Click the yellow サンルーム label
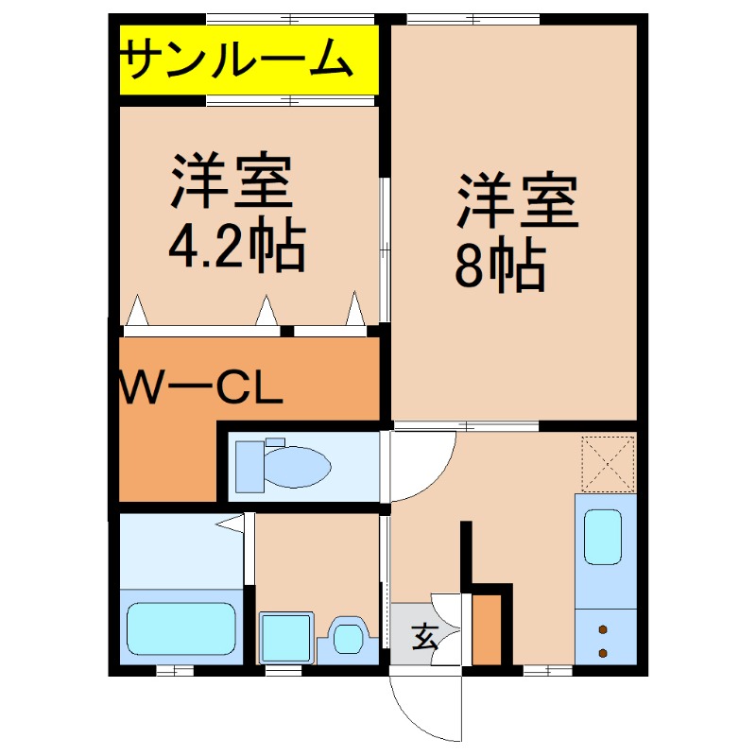point(236,60)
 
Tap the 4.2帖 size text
point(236,248)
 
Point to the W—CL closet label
point(201,387)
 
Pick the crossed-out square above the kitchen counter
point(608,463)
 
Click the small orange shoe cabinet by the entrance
point(488,629)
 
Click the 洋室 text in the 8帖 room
point(518,201)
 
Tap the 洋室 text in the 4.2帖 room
point(231,182)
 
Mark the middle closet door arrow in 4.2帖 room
point(267,310)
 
